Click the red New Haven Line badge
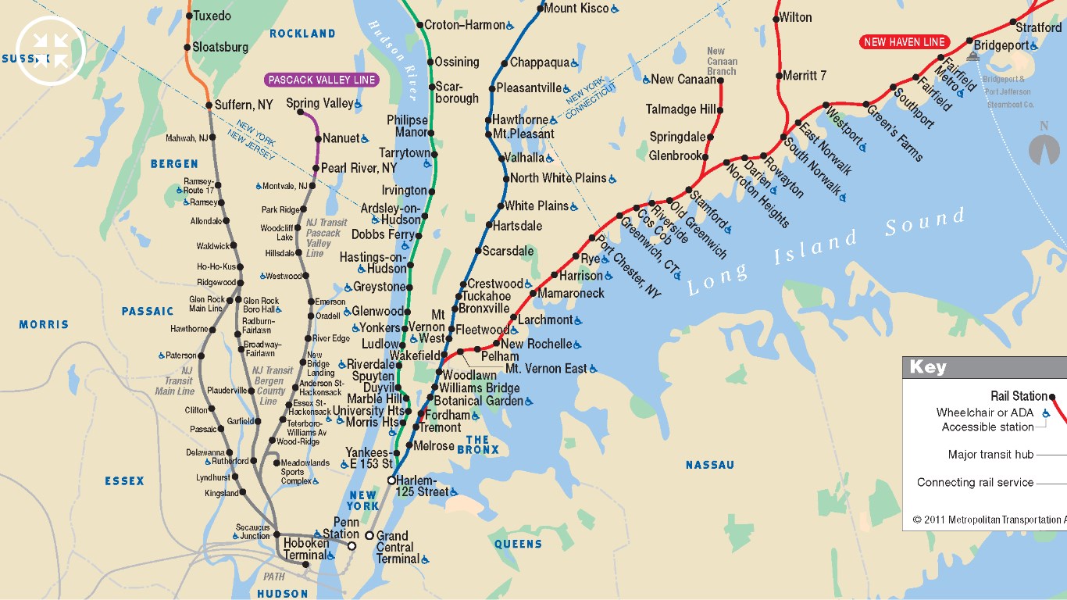[x=904, y=42]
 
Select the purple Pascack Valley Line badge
[x=322, y=80]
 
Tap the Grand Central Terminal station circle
[x=369, y=535]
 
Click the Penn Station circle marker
[x=352, y=545]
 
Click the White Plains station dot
[x=500, y=206]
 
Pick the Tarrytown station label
[x=405, y=153]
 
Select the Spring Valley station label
[x=319, y=103]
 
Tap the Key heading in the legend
[x=927, y=367]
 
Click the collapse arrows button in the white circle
[x=50, y=50]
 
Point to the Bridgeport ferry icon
[x=973, y=56]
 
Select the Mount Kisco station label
[x=576, y=9]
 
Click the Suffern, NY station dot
[x=209, y=105]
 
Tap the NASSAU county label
[x=709, y=465]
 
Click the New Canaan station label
[x=683, y=79]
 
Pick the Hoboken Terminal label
[x=305, y=549]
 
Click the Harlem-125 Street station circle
[x=392, y=480]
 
